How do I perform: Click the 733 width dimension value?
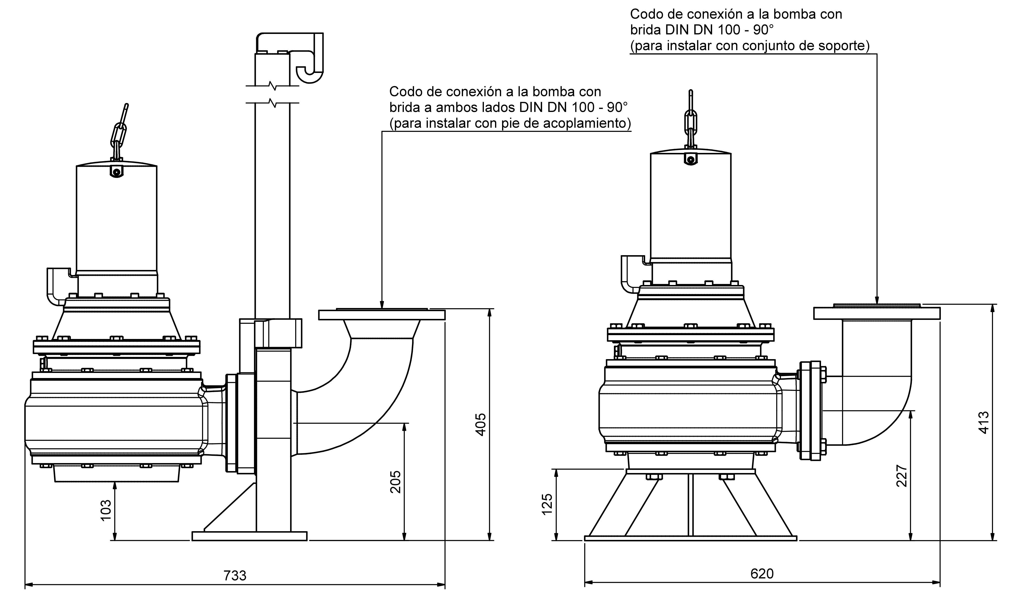click(x=235, y=575)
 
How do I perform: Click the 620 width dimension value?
click(x=762, y=574)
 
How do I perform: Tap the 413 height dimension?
click(x=984, y=423)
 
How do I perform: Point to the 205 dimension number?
click(x=395, y=482)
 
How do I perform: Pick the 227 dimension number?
click(x=902, y=476)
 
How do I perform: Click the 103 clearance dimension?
click(x=106, y=510)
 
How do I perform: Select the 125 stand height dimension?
click(x=547, y=504)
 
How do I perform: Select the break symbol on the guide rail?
click(x=273, y=94)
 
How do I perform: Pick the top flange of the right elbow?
click(x=877, y=313)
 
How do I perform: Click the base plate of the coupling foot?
click(x=249, y=536)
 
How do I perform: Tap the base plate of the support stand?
click(x=691, y=538)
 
